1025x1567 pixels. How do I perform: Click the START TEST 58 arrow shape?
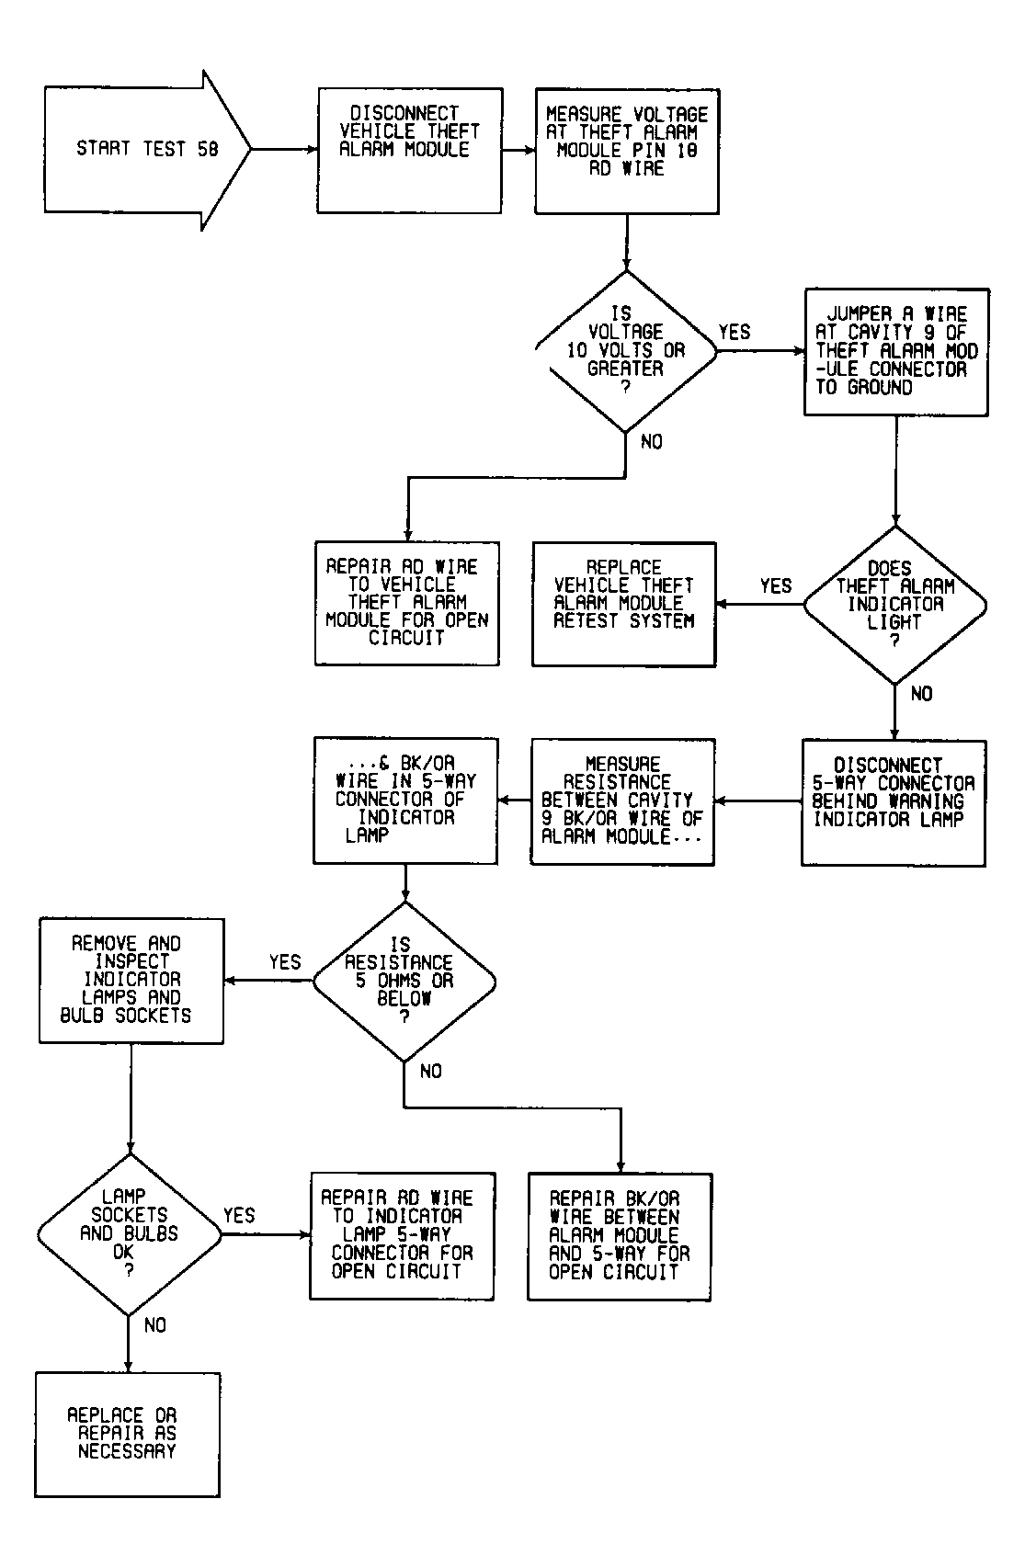tap(147, 150)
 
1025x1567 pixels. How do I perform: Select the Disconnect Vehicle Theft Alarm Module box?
tap(409, 151)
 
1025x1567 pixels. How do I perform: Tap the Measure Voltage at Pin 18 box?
tap(627, 151)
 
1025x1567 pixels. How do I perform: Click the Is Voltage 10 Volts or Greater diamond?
tap(626, 351)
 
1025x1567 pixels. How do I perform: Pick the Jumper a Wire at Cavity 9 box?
tap(896, 352)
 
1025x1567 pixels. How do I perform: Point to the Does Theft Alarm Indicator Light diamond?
tap(894, 605)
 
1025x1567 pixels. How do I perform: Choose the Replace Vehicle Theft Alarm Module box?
tap(624, 605)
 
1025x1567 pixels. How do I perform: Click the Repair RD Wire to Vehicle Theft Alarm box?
tap(407, 603)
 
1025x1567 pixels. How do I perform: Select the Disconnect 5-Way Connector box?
tap(894, 803)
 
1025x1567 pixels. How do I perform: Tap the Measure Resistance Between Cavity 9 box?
tap(622, 801)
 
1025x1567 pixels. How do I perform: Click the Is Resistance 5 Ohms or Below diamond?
tap(404, 982)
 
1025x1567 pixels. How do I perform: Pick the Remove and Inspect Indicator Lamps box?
tap(131, 981)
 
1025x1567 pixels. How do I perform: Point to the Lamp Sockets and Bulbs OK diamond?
tap(130, 1234)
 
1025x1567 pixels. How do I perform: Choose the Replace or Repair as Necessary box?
tap(128, 1435)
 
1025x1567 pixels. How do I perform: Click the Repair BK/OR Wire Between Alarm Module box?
tap(620, 1237)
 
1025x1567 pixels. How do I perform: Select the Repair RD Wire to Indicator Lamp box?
tap(403, 1236)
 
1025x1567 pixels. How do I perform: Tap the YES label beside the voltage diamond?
tap(735, 333)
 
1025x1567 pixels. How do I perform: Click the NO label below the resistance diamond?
tap(431, 1071)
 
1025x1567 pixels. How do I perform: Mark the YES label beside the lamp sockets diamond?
tap(239, 1216)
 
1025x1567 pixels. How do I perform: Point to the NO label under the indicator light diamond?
tap(921, 694)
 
